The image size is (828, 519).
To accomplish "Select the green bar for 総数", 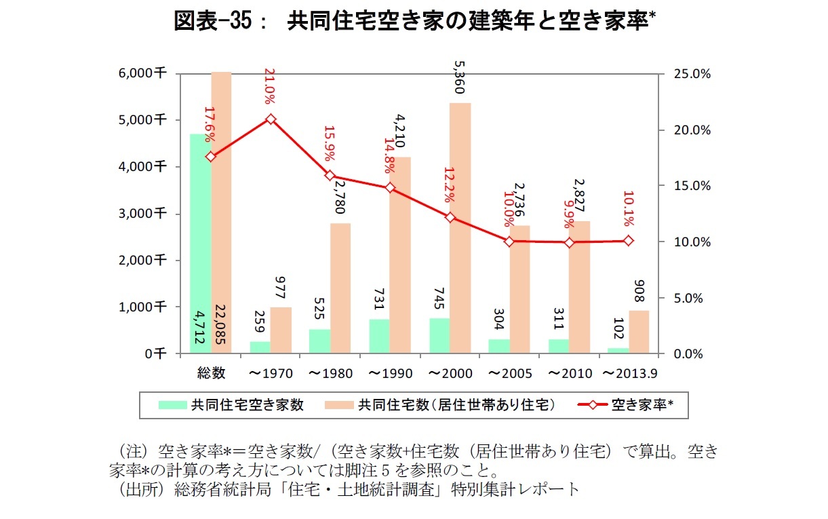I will coord(200,244).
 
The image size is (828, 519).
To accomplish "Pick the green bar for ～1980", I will coord(319,341).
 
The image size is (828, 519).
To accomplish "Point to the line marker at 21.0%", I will coord(271,119).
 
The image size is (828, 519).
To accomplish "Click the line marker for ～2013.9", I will coord(629,241).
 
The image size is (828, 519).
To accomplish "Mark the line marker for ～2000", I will coord(450,217).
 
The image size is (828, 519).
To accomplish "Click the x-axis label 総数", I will coord(211,373).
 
